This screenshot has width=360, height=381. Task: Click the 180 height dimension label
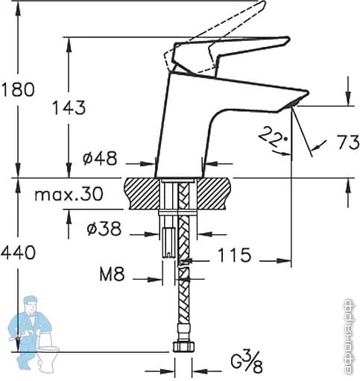(x=18, y=89)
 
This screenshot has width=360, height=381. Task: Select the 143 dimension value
(x=69, y=108)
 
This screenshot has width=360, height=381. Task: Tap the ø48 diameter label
(x=100, y=158)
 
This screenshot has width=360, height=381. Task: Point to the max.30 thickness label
(x=69, y=194)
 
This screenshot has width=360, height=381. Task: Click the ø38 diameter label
(x=104, y=228)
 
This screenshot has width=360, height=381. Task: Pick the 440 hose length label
(x=18, y=253)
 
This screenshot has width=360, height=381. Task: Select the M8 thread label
(x=112, y=274)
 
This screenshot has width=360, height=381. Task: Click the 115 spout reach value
(x=234, y=255)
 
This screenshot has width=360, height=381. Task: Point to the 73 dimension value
(x=348, y=142)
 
